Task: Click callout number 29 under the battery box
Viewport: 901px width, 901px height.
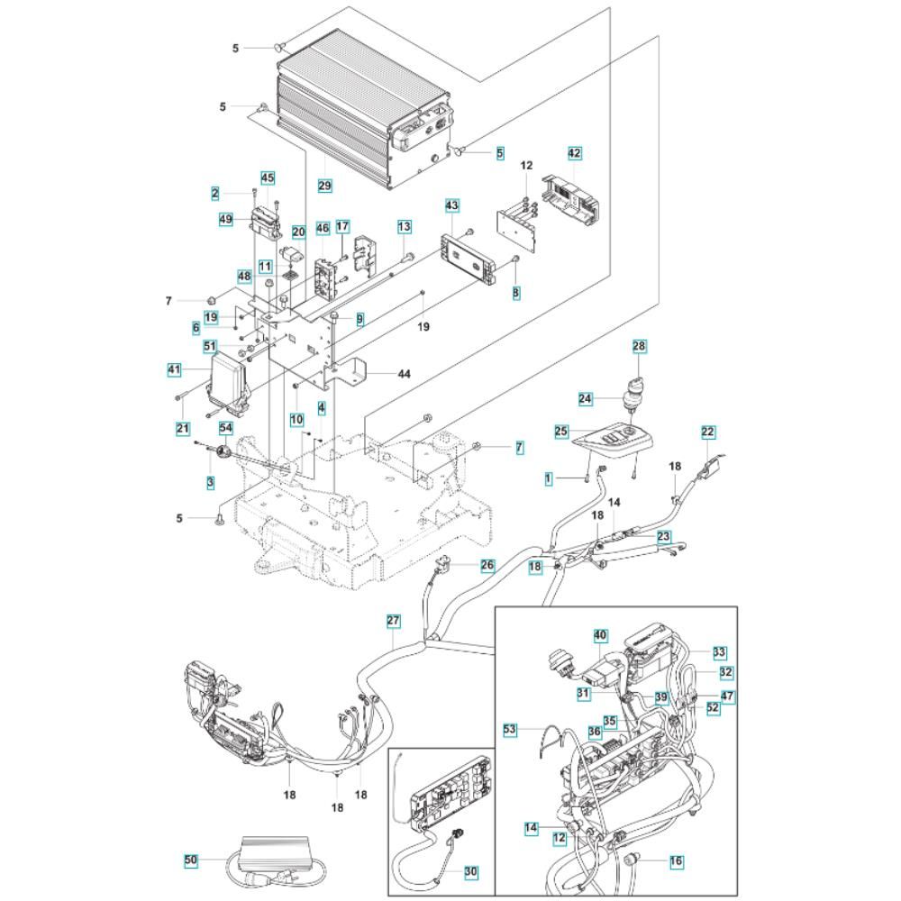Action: click(x=325, y=186)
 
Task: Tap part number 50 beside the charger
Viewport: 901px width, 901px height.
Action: click(x=190, y=861)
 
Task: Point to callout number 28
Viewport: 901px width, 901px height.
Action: click(x=639, y=346)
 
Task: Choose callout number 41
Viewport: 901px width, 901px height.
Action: click(x=174, y=369)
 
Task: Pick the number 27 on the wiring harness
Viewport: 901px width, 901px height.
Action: click(x=393, y=621)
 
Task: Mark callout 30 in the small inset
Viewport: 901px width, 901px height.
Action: click(x=471, y=871)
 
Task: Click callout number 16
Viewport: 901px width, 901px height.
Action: click(x=676, y=862)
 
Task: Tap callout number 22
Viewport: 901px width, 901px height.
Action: click(x=708, y=432)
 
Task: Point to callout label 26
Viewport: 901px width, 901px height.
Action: click(x=487, y=566)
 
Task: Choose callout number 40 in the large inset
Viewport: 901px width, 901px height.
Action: click(x=600, y=635)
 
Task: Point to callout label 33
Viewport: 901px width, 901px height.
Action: click(x=718, y=651)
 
